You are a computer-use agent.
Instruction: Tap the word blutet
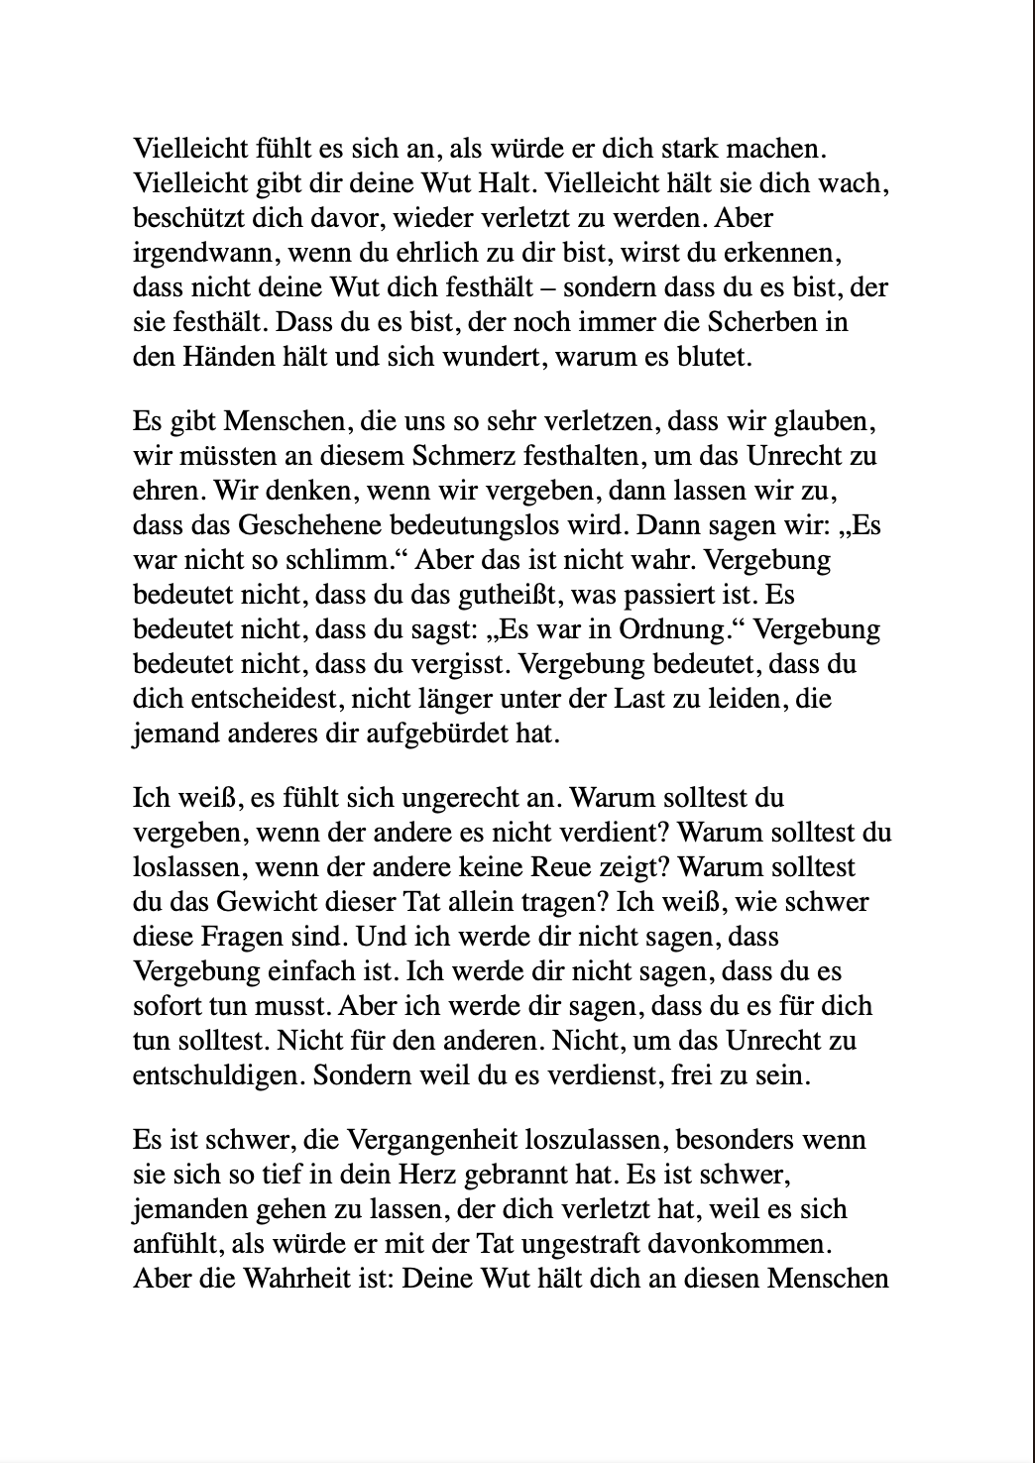(x=719, y=358)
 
